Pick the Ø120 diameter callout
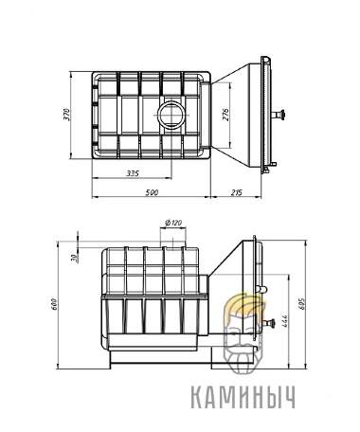[172, 225]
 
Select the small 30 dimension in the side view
[72, 257]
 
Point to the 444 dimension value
[282, 320]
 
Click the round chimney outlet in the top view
[172, 116]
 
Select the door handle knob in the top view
[280, 116]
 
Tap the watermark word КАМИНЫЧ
[249, 398]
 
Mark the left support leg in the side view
[112, 364]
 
